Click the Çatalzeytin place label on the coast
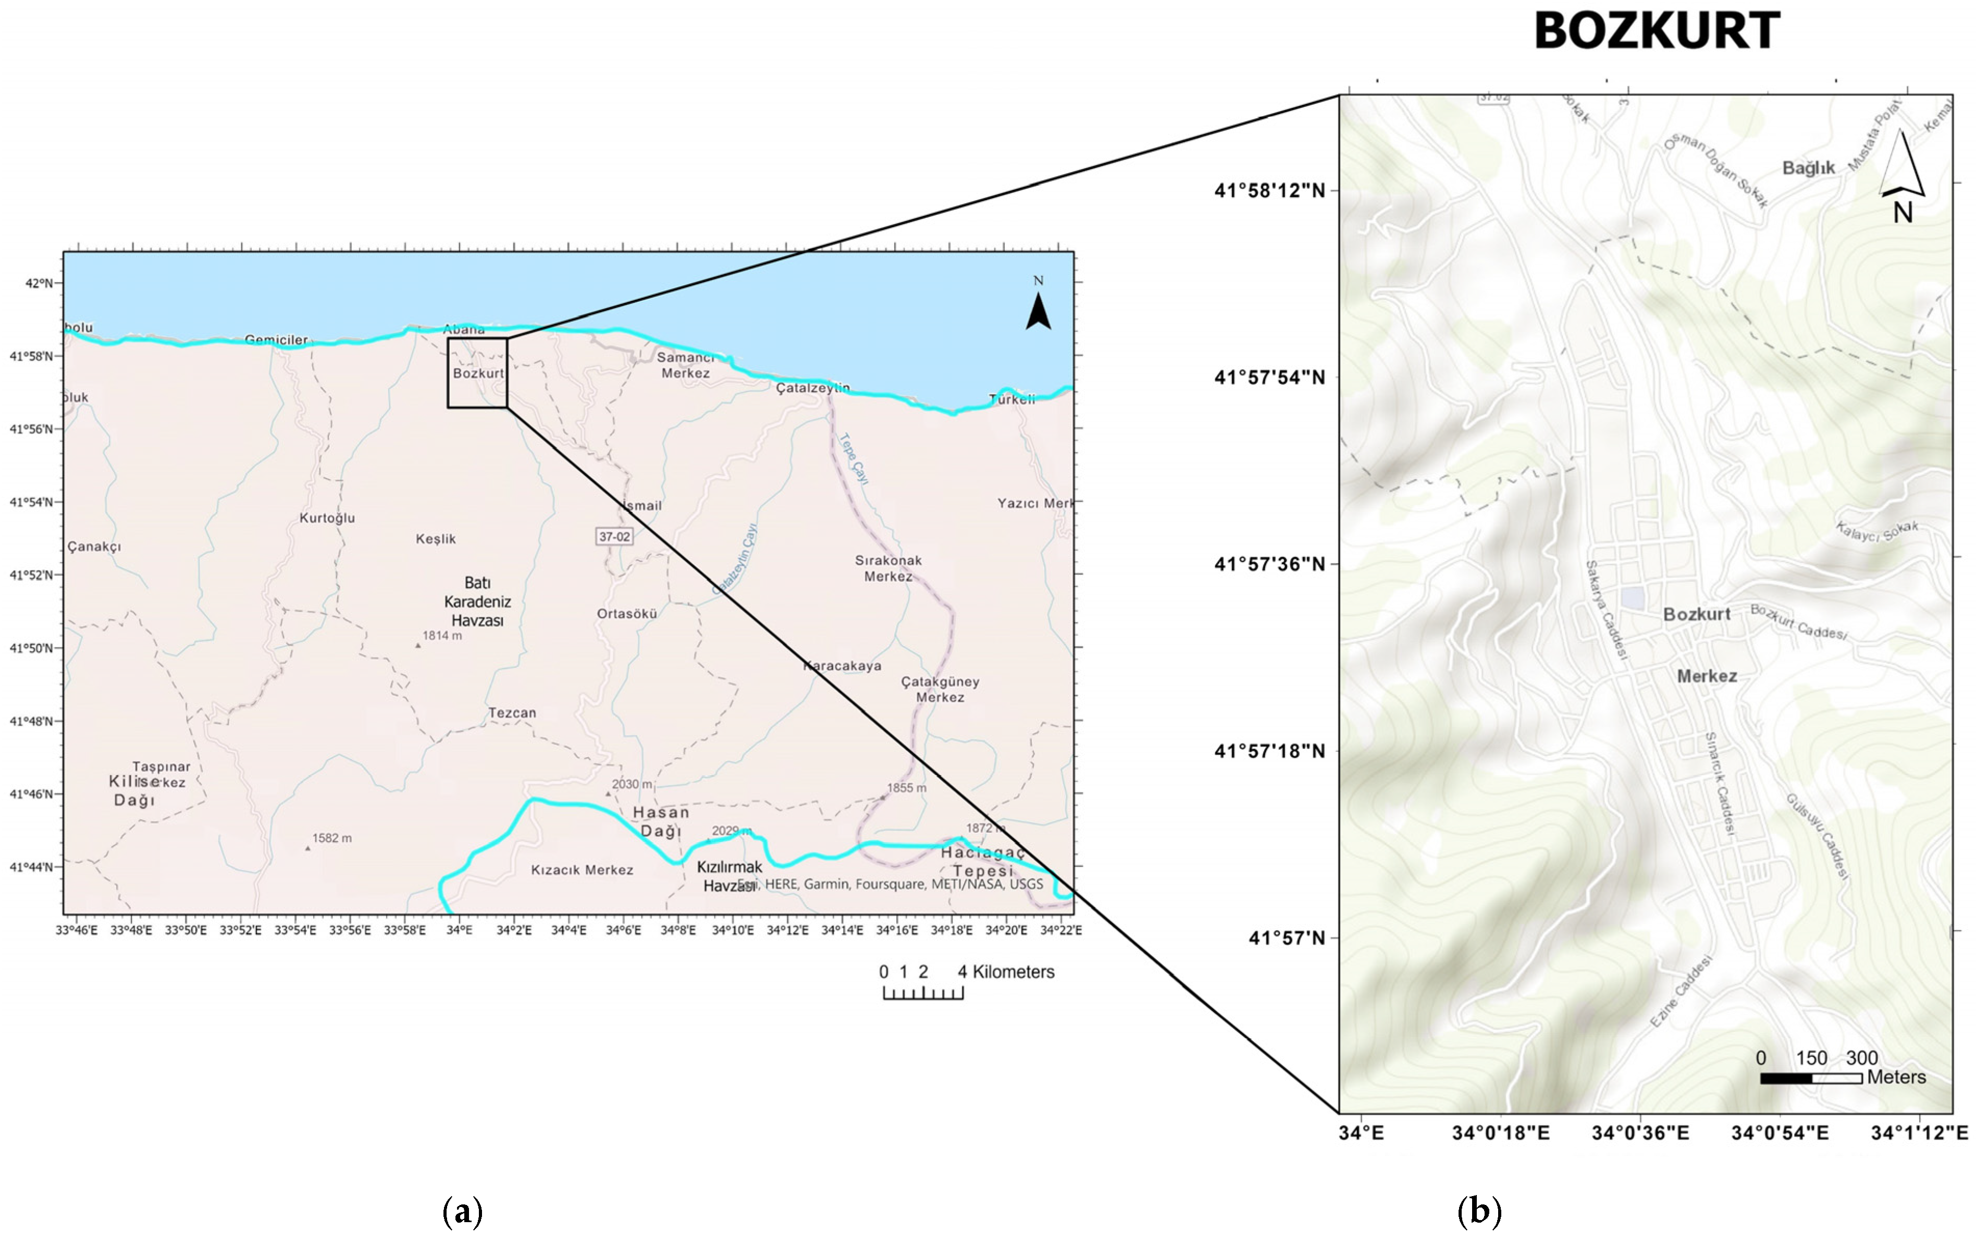coord(812,387)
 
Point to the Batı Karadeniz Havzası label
coord(478,601)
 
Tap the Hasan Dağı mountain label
coord(661,821)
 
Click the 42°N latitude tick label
coord(39,283)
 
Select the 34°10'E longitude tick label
coord(732,930)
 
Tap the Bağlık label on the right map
coord(1808,167)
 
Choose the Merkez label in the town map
coord(1706,676)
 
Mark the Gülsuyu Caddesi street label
coord(1818,836)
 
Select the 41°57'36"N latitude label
coord(1269,564)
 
